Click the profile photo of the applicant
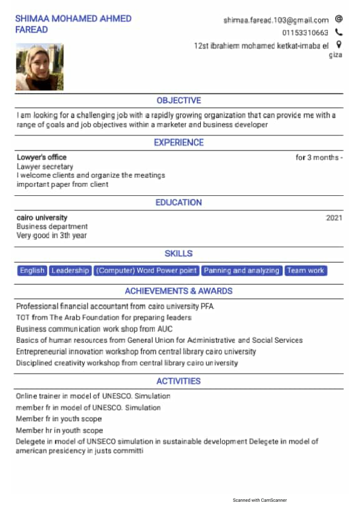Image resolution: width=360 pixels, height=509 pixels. coord(39,66)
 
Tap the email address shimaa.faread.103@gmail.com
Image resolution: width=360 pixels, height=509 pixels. coord(276,20)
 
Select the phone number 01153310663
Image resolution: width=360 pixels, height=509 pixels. coord(305,33)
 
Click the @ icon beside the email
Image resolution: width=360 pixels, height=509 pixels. coord(339,19)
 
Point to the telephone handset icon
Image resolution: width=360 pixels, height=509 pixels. coord(339,32)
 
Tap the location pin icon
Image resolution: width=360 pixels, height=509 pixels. coord(339,44)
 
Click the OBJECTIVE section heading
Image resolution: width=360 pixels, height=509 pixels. coord(178,100)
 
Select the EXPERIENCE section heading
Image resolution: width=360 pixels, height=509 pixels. coord(178,143)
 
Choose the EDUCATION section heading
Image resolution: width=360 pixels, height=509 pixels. coord(178,203)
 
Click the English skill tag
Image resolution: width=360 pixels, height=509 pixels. coord(32,271)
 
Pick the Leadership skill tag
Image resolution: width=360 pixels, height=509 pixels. coord(70,271)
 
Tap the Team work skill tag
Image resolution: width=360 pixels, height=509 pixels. coord(306,271)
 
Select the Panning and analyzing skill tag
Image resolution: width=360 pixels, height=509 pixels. coord(241,271)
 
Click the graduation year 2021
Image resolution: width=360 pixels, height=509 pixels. coord(334,218)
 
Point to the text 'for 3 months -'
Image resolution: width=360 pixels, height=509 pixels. coord(319,158)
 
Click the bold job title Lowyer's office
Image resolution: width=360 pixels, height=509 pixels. coord(42,158)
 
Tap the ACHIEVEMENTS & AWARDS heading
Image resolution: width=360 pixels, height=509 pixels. coord(178,291)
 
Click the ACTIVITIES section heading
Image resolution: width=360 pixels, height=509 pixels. coord(178,381)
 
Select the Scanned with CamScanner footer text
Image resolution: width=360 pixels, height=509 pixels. coord(260,500)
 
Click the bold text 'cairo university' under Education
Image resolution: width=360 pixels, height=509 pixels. coord(42,218)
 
